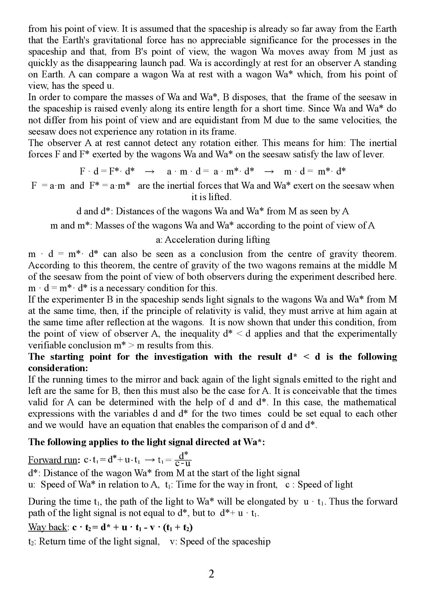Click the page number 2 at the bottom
coord(211,574)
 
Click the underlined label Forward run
coord(53,460)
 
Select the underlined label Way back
coord(47,527)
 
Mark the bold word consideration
coord(58,368)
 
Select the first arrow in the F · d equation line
coord(150,172)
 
